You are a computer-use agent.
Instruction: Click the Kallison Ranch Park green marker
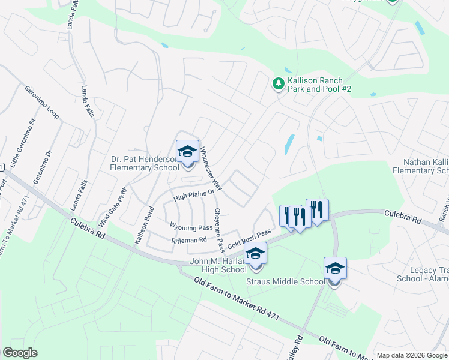(x=278, y=84)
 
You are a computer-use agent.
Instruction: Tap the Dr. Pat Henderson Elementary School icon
(x=187, y=151)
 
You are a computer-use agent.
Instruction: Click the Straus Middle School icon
(x=335, y=268)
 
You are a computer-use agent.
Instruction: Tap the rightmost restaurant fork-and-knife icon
(x=318, y=209)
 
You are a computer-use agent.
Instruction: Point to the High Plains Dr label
(x=194, y=194)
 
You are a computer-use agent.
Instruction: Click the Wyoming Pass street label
(x=191, y=227)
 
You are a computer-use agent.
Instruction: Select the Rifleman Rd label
(x=189, y=240)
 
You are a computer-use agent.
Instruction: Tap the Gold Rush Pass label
(x=249, y=238)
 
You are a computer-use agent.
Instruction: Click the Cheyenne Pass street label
(x=219, y=230)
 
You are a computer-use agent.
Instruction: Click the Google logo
(x=20, y=353)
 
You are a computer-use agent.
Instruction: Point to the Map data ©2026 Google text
(x=412, y=355)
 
